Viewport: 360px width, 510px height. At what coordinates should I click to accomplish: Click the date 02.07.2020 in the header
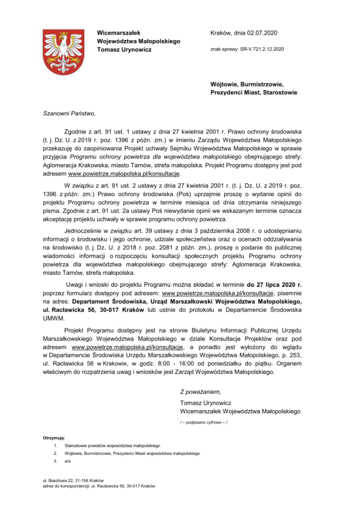261,33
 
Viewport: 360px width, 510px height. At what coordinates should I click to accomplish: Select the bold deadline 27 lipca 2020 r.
274,284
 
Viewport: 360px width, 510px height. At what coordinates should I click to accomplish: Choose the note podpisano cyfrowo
204,423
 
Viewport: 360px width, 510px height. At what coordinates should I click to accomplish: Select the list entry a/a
67,462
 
